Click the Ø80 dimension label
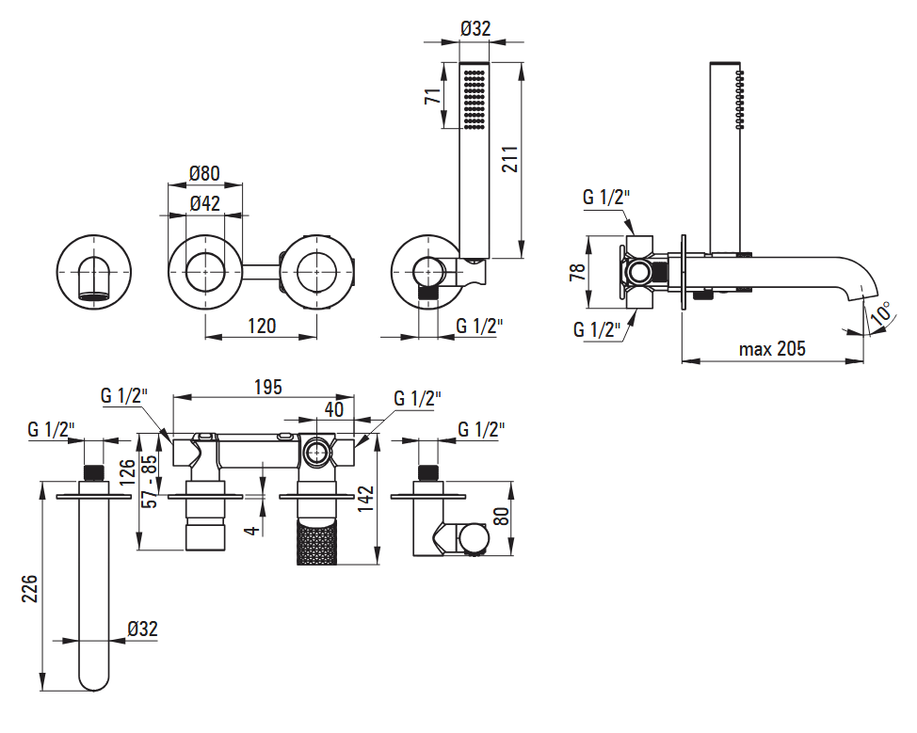click(x=204, y=173)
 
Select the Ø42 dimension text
click(x=204, y=203)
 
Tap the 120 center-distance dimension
click(x=262, y=326)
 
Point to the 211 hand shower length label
click(x=509, y=159)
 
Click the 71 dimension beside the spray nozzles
click(x=431, y=96)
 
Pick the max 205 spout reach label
click(x=772, y=349)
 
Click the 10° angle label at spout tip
click(x=880, y=314)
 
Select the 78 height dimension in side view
click(x=577, y=272)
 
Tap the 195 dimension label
click(x=267, y=387)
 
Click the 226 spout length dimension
click(x=29, y=589)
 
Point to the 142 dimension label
click(x=365, y=500)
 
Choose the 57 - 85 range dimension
click(x=151, y=482)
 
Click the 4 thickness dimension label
click(x=251, y=530)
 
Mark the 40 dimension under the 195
click(x=334, y=409)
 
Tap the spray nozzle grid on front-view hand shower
click(x=474, y=99)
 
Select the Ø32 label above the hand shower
click(x=475, y=28)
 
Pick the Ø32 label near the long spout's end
click(x=143, y=629)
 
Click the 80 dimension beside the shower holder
click(x=501, y=517)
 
